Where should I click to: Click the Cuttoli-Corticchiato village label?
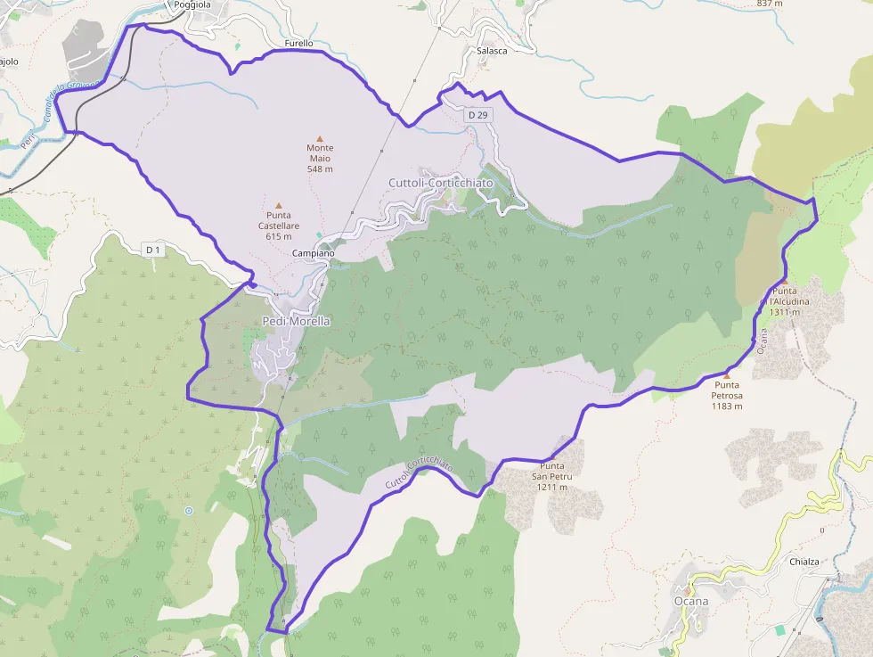coord(440,183)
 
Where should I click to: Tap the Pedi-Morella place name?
coord(296,321)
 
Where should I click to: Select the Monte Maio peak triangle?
coord(320,138)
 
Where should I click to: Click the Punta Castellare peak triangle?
coord(278,205)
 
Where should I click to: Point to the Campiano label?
coord(314,253)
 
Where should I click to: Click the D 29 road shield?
coord(477,115)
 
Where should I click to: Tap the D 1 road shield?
coord(153,250)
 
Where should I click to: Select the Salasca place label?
coord(492,51)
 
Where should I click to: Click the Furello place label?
coord(298,43)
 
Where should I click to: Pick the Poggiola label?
coord(192,4)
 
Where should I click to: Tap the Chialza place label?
coord(804,563)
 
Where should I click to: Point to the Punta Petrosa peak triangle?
coord(726,375)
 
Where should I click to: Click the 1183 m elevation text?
coord(727,407)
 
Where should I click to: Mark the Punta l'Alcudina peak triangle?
coord(785,281)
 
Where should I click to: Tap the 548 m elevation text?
coord(320,168)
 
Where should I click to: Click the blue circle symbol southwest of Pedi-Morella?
coord(188,511)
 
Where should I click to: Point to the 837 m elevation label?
coord(769,4)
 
